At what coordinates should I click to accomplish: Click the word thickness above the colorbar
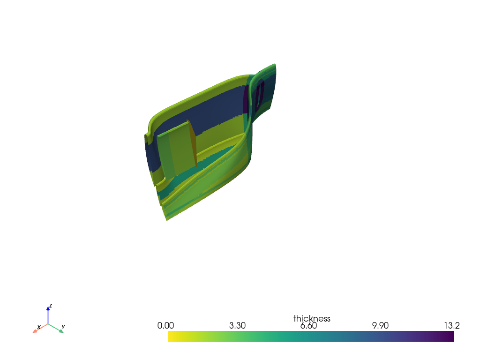click(312, 319)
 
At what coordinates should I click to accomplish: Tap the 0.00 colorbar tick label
click(166, 326)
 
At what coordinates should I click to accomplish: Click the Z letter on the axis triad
click(51, 306)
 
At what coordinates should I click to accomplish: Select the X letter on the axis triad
click(38, 327)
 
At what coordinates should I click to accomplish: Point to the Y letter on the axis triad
click(63, 327)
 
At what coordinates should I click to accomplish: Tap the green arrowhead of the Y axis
click(61, 331)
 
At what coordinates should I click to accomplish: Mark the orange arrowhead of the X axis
click(35, 331)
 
